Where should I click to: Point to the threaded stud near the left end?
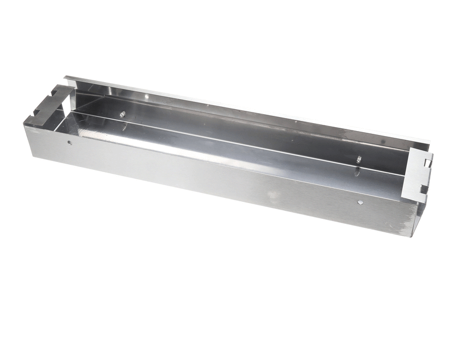[122, 114]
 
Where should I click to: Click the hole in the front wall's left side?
[69, 142]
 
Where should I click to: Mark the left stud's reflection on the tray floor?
[119, 125]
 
